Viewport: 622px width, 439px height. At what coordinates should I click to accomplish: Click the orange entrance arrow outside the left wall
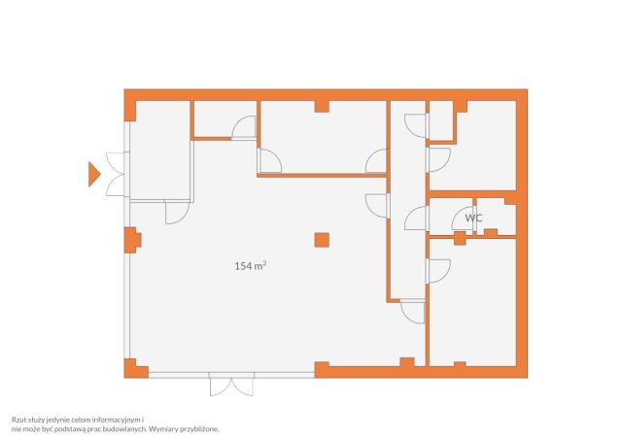pyautogui.click(x=93, y=174)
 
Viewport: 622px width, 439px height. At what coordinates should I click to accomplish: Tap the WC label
pyautogui.click(x=473, y=218)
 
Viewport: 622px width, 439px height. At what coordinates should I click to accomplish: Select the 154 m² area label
pyautogui.click(x=251, y=266)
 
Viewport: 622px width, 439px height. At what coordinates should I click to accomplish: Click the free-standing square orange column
pyautogui.click(x=322, y=240)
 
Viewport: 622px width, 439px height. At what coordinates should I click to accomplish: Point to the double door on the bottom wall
pyautogui.click(x=231, y=384)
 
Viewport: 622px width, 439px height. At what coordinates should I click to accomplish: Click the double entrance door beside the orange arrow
pyautogui.click(x=117, y=174)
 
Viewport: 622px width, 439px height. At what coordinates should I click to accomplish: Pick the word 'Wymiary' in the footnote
pyautogui.click(x=163, y=428)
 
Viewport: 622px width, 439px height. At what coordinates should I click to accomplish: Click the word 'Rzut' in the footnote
pyautogui.click(x=17, y=420)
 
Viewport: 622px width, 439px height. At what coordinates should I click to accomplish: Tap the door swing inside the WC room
pyautogui.click(x=464, y=219)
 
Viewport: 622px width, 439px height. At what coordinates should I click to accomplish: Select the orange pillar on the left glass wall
pyautogui.click(x=132, y=240)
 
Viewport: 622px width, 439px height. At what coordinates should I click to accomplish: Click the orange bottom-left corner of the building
pyautogui.click(x=135, y=369)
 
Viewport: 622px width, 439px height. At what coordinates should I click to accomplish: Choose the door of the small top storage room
pyautogui.click(x=244, y=127)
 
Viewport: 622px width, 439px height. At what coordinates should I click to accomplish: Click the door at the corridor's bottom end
pyautogui.click(x=413, y=311)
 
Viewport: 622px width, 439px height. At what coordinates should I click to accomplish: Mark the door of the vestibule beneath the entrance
pyautogui.click(x=177, y=213)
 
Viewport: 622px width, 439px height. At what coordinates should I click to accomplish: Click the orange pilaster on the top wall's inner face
pyautogui.click(x=322, y=106)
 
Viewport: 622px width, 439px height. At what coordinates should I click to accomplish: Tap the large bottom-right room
pyautogui.click(x=473, y=302)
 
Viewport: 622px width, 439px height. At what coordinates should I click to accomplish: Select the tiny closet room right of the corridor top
pyautogui.click(x=441, y=120)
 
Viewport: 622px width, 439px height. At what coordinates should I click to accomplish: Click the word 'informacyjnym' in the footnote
pyautogui.click(x=121, y=420)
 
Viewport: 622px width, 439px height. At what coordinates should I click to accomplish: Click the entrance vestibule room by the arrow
pyautogui.click(x=160, y=151)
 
